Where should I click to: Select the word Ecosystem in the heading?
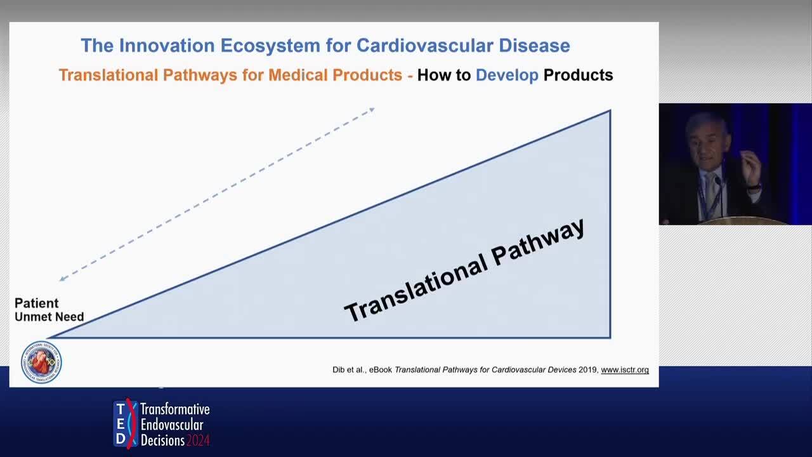pyautogui.click(x=270, y=46)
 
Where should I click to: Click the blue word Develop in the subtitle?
pyautogui.click(x=507, y=76)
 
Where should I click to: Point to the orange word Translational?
pyautogui.click(x=108, y=75)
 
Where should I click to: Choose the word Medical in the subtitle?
pyautogui.click(x=298, y=75)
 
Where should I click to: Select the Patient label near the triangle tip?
pyautogui.click(x=36, y=303)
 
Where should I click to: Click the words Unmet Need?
pyautogui.click(x=49, y=317)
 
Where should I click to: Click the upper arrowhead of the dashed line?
pyautogui.click(x=372, y=110)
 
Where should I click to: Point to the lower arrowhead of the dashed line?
pyautogui.click(x=62, y=279)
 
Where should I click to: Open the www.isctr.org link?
pyautogui.click(x=625, y=369)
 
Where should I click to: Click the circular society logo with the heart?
pyautogui.click(x=41, y=362)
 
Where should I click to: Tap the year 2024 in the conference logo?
pyautogui.click(x=197, y=440)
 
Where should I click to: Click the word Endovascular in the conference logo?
pyautogui.click(x=172, y=425)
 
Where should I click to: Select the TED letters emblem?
pyautogui.click(x=126, y=423)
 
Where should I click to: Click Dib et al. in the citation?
pyautogui.click(x=348, y=369)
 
